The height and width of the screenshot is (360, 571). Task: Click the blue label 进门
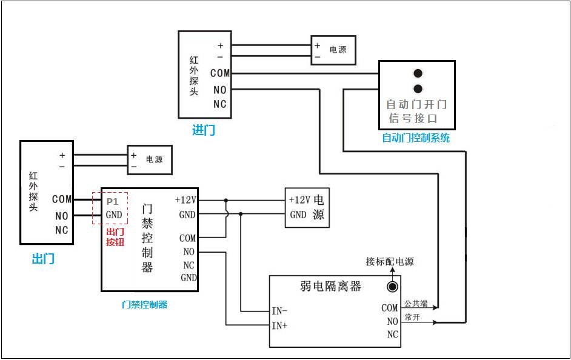203,130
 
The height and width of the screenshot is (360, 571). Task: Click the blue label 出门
43,259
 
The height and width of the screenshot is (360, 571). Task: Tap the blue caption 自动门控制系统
416,138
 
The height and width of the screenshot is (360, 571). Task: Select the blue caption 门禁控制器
144,305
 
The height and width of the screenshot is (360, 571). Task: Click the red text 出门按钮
115,237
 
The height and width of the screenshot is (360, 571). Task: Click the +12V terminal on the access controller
185,200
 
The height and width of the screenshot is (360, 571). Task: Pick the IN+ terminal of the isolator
279,325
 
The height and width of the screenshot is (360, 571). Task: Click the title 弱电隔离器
330,286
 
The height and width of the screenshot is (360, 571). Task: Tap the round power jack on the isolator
393,287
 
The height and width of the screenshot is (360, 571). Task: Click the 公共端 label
416,303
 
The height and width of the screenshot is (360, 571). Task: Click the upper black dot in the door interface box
418,74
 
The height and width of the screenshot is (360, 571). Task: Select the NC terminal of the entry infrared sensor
219,104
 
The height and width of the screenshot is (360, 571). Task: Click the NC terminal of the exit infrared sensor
62,230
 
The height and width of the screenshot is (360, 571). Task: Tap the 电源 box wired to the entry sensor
333,50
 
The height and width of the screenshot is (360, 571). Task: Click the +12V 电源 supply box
307,207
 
